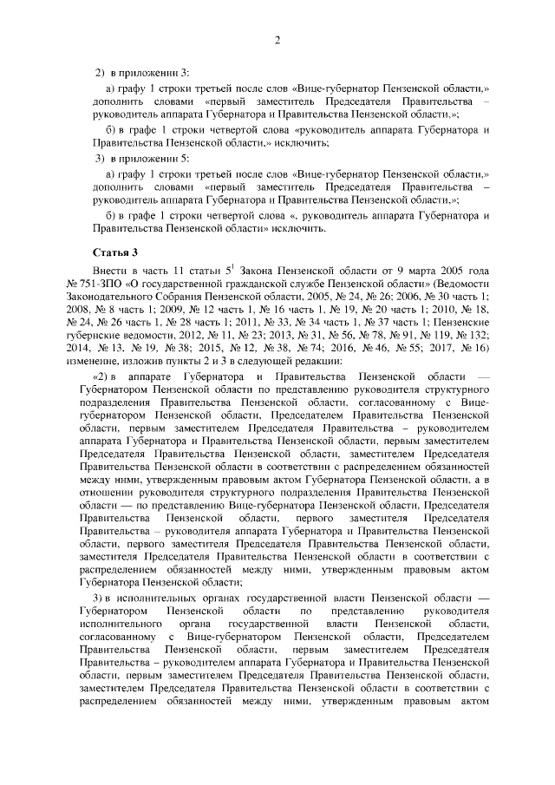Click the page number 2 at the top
(277, 39)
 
